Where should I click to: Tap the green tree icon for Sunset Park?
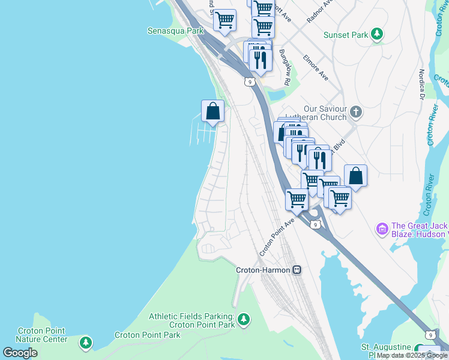coord(377,34)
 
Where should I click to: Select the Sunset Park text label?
coord(345,35)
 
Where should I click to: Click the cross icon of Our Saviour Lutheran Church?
coord(356,112)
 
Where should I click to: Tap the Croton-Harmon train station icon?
coord(297,270)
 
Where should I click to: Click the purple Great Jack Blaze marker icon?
coord(381,229)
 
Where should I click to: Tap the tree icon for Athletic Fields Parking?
coord(243,320)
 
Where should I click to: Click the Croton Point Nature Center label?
coord(41,335)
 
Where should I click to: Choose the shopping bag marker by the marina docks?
coord(212,111)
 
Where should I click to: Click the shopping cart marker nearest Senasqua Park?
coord(224,20)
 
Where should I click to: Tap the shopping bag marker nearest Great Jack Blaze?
coord(355,176)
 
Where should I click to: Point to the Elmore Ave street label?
coord(316,68)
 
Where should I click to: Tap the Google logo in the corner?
coord(20,353)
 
